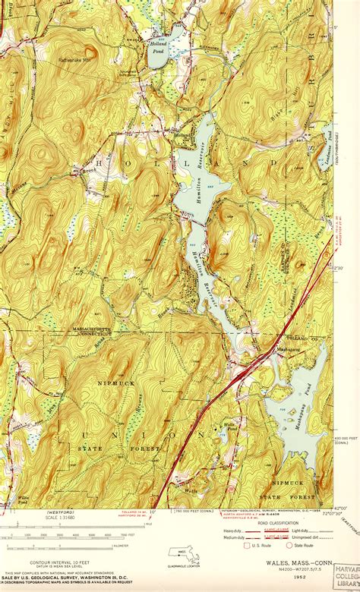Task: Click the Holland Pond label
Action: point(156,49)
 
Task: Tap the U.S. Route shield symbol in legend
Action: point(246,545)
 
